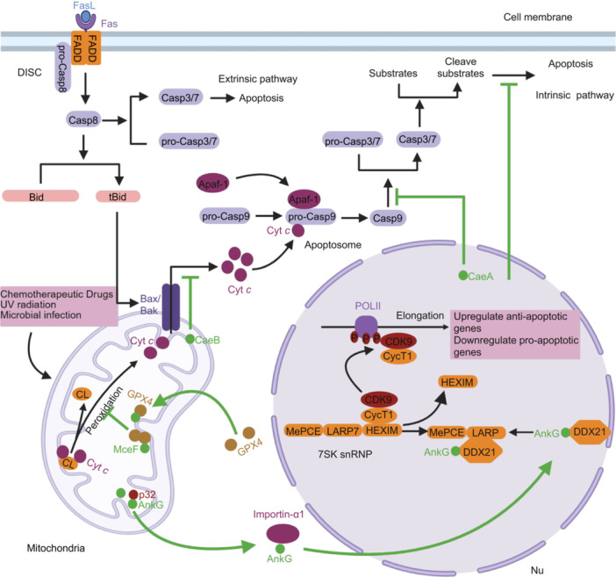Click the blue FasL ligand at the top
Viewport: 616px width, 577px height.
pos(86,17)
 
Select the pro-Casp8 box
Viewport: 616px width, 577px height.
pos(62,67)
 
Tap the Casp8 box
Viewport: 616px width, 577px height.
pos(82,120)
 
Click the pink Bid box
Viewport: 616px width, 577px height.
pos(40,196)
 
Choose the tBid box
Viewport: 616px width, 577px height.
pos(118,196)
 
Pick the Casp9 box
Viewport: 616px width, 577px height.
pos(388,218)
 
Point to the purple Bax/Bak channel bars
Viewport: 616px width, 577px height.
pos(171,307)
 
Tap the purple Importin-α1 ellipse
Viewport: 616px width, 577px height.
pos(283,534)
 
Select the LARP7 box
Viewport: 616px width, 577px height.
pos(343,431)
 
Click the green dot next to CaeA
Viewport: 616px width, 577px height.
pos(463,275)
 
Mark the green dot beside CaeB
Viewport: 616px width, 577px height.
pos(190,339)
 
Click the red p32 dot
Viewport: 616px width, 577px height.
pos(133,494)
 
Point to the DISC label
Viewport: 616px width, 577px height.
pos(30,72)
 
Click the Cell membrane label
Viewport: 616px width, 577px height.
pos(538,17)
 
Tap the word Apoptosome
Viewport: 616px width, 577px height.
pos(333,245)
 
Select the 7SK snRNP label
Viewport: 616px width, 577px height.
pos(345,454)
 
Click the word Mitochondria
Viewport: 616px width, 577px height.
pos(56,548)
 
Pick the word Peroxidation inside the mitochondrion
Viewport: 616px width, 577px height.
pos(104,410)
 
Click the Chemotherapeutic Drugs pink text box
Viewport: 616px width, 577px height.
pos(59,306)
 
